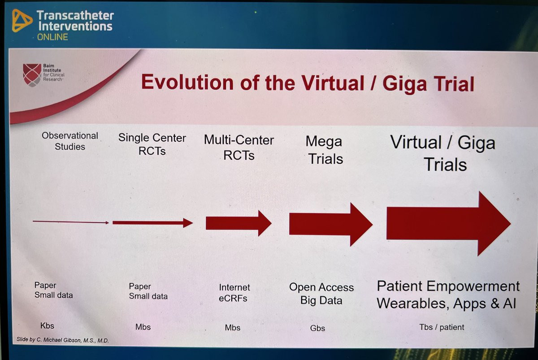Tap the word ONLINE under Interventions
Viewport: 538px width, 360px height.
coord(52,37)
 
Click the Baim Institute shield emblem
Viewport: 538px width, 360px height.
coord(32,75)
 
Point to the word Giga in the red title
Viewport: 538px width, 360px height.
coord(404,84)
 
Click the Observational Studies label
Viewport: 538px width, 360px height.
coord(70,141)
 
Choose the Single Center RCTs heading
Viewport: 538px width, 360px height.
coord(152,144)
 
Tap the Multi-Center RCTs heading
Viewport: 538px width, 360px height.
coord(239,147)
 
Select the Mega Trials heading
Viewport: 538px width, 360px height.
coord(325,150)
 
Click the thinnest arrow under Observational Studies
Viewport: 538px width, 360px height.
coord(71,222)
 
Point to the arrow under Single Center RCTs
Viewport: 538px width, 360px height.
coord(153,223)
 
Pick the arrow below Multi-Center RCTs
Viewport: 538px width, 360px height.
coord(239,223)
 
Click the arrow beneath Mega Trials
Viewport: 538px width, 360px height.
coord(331,224)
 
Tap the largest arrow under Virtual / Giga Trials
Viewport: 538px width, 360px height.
coord(449,224)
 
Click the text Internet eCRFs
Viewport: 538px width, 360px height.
coord(234,293)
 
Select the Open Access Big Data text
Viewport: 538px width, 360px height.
coord(321,294)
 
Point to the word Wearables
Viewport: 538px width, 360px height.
coord(413,304)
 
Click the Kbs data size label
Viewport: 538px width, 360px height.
coord(47,325)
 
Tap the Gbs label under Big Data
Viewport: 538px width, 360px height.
coord(317,328)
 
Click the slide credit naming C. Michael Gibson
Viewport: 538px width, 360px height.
coord(63,340)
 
